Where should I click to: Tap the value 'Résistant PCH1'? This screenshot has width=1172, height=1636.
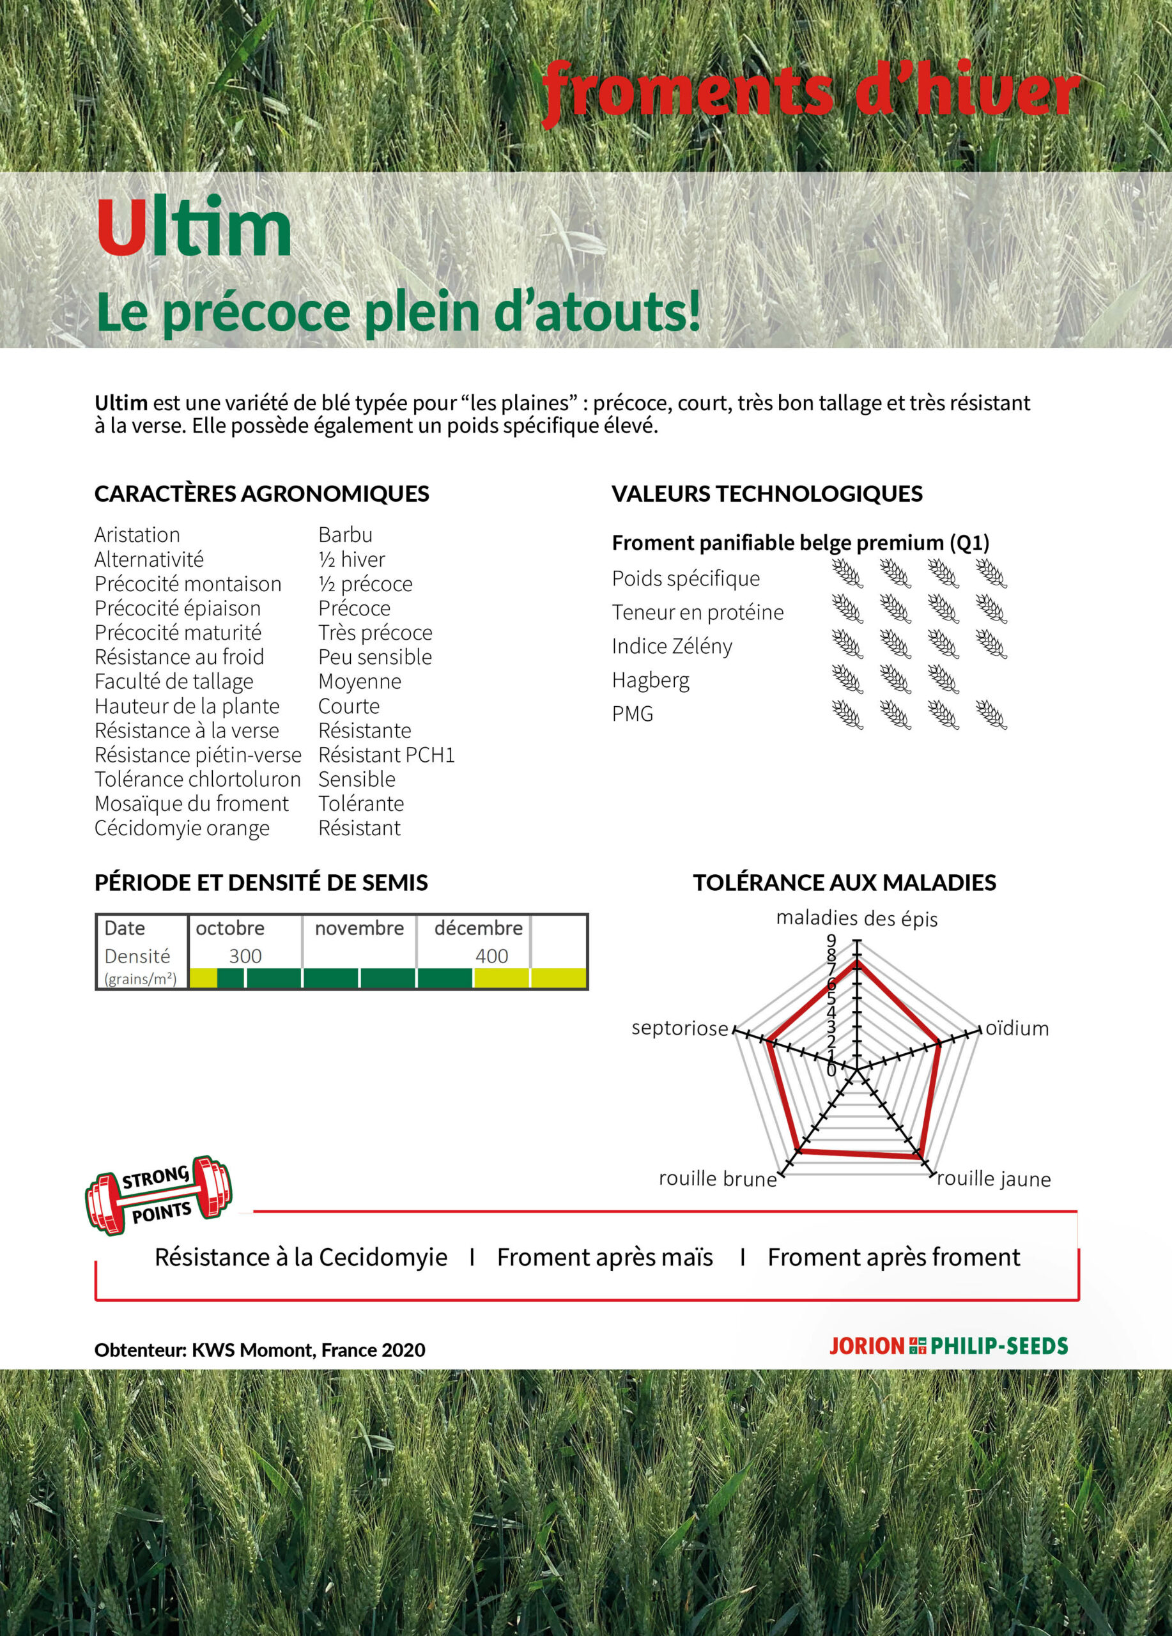click(387, 755)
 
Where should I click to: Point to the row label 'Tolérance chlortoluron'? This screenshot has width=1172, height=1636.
click(197, 780)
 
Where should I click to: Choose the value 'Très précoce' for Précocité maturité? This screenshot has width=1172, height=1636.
click(375, 633)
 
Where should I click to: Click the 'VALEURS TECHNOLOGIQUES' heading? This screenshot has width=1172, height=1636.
click(767, 494)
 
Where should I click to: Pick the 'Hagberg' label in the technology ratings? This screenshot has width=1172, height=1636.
click(650, 680)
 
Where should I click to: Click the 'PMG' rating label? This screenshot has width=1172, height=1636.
click(632, 714)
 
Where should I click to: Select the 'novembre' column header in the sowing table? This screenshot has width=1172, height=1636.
click(359, 929)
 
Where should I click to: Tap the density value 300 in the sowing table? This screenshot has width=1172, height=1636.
click(245, 957)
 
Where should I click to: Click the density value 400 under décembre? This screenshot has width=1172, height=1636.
click(491, 957)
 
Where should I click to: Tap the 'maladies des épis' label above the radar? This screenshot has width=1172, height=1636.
click(857, 918)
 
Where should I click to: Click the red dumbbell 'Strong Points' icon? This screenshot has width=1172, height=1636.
click(158, 1195)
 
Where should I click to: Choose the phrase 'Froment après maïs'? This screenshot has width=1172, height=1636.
click(605, 1257)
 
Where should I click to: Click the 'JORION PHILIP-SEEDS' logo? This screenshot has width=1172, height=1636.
click(948, 1346)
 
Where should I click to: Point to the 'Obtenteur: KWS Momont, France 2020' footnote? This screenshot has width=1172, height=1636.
click(259, 1350)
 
